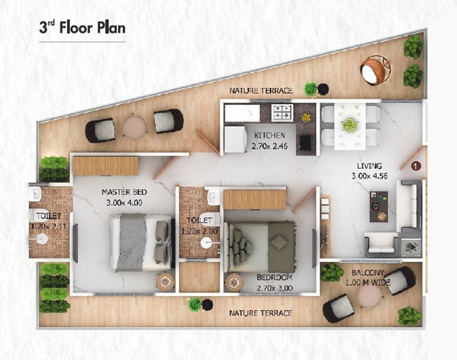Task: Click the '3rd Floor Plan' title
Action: pyautogui.click(x=82, y=28)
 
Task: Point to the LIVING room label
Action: pyautogui.click(x=368, y=166)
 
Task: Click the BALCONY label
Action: pyautogui.click(x=367, y=272)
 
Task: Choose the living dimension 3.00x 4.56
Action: pyautogui.click(x=368, y=176)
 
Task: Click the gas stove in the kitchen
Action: pyautogui.click(x=282, y=112)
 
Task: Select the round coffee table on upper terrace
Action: pyautogui.click(x=134, y=127)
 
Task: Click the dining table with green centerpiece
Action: pyautogui.click(x=349, y=124)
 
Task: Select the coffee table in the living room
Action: pyautogui.click(x=378, y=206)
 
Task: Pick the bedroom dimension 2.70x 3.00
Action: pyautogui.click(x=274, y=288)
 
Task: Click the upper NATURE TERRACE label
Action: pyautogui.click(x=261, y=91)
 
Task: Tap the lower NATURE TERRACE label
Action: pyautogui.click(x=261, y=313)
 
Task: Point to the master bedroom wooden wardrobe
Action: pyautogui.click(x=105, y=166)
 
